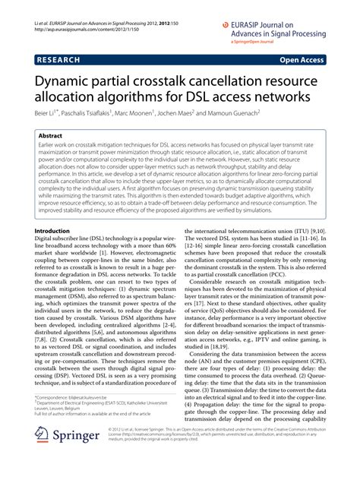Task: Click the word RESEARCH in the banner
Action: click(58, 58)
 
